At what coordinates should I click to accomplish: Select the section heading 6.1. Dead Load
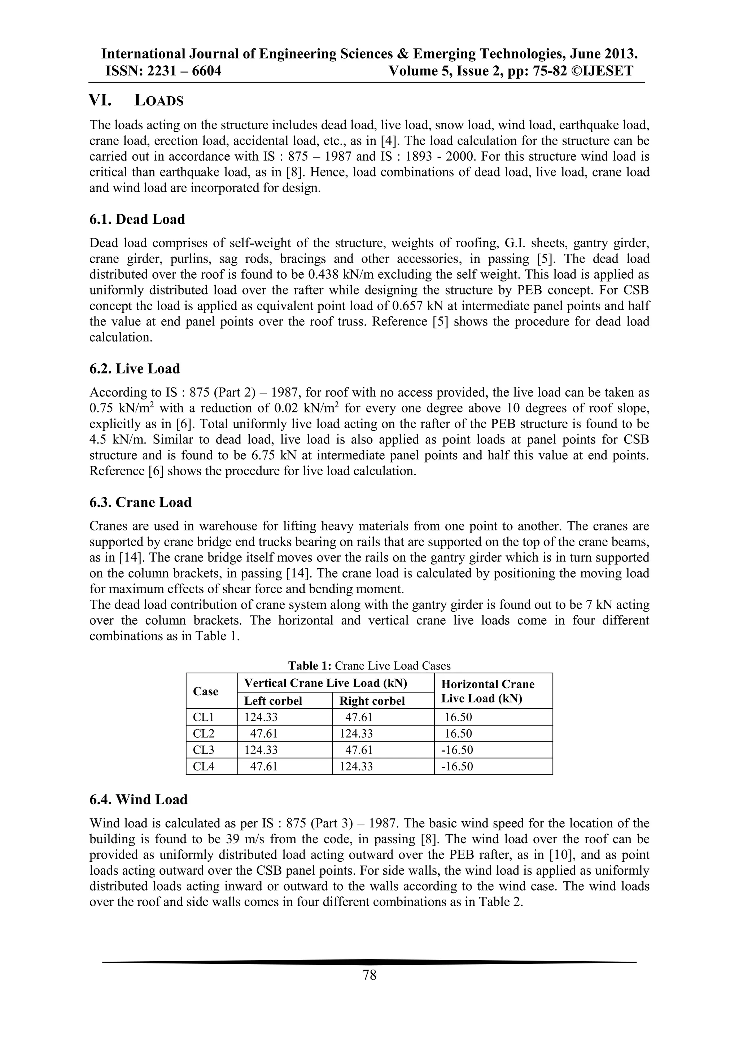(137, 219)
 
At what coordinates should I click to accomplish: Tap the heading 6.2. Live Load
(135, 369)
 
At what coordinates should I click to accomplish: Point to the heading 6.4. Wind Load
(138, 800)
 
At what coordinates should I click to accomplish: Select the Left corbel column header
(273, 701)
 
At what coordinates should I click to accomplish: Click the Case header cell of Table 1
(206, 692)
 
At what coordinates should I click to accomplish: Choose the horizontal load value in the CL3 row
(457, 750)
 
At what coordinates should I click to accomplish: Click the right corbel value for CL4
(356, 766)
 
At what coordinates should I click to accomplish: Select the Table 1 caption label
(311, 666)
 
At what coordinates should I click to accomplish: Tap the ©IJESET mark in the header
(602, 71)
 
